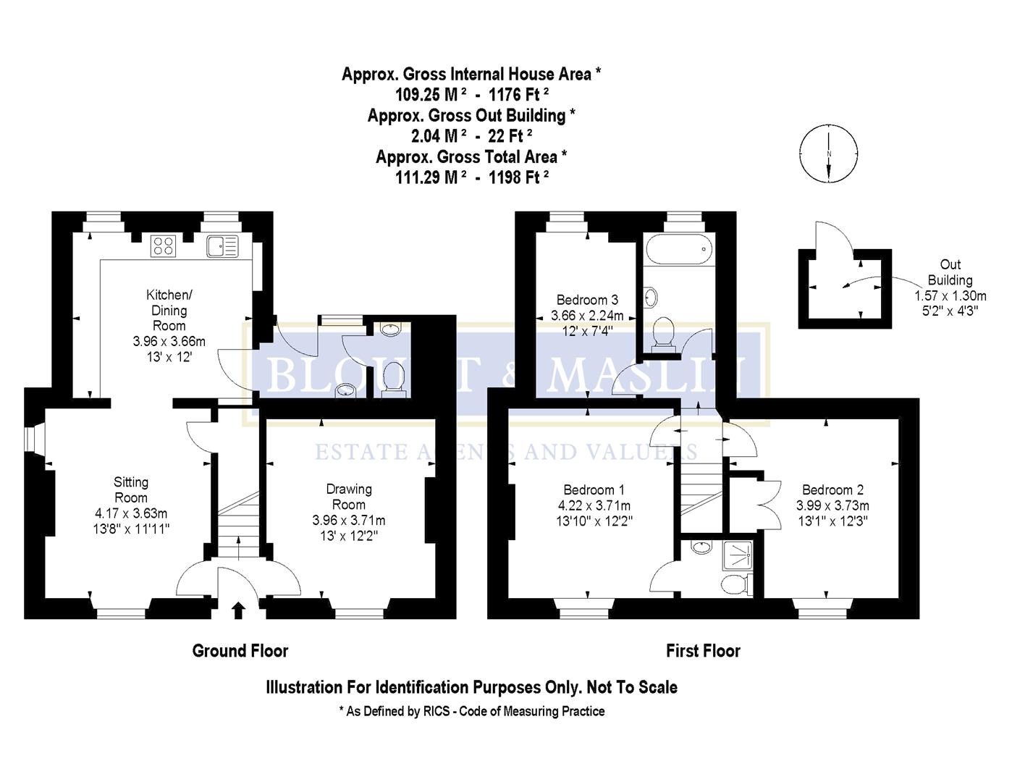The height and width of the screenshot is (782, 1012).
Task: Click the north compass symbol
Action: click(x=829, y=154)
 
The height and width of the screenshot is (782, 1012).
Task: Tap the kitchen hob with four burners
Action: click(x=163, y=246)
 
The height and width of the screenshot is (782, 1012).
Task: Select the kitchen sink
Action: click(x=222, y=246)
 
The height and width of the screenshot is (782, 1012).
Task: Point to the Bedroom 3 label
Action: click(x=587, y=300)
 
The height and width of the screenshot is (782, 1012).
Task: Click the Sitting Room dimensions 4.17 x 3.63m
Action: click(x=131, y=513)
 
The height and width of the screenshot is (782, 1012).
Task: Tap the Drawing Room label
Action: click(x=349, y=497)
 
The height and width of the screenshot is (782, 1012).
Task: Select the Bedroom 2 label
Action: click(x=832, y=490)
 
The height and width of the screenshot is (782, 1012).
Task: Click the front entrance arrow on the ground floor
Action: click(x=237, y=610)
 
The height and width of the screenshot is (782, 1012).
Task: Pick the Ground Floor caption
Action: click(x=240, y=651)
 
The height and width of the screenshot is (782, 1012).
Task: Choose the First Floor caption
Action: click(x=703, y=651)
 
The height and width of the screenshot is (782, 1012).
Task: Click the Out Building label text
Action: click(x=950, y=272)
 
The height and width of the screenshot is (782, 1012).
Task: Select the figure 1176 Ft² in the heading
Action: click(x=518, y=95)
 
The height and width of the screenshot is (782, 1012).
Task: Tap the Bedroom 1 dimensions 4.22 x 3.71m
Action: click(x=594, y=505)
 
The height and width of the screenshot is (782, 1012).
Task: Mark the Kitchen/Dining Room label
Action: click(x=169, y=310)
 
